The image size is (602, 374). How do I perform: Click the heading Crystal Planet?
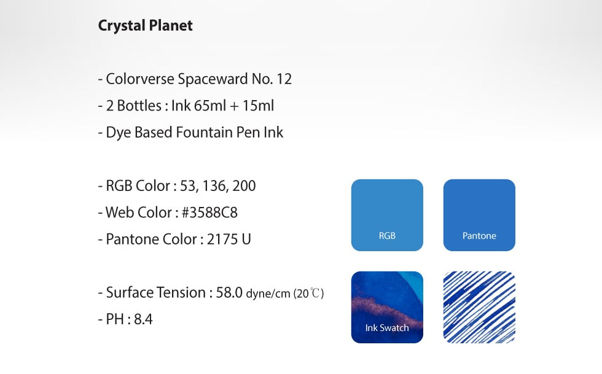[145, 26]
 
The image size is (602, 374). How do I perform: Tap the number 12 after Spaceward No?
[284, 79]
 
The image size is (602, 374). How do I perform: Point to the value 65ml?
[210, 106]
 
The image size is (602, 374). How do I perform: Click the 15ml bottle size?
[258, 106]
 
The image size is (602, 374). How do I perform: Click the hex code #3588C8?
[209, 212]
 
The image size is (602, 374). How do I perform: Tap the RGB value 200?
[244, 186]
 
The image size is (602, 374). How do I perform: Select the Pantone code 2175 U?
[229, 240]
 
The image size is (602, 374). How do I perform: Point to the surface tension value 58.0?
[229, 292]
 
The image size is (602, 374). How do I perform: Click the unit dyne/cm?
[268, 294]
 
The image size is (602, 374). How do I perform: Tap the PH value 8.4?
[143, 319]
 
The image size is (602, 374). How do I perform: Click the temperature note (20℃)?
[308, 294]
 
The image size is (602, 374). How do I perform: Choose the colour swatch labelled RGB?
[387, 215]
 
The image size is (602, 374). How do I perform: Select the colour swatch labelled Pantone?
[479, 215]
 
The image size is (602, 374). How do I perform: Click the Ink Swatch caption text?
[387, 328]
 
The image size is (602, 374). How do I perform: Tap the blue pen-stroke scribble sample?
[479, 307]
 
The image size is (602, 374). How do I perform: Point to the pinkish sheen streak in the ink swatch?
[384, 309]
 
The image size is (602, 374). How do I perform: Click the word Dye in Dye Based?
[119, 133]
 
